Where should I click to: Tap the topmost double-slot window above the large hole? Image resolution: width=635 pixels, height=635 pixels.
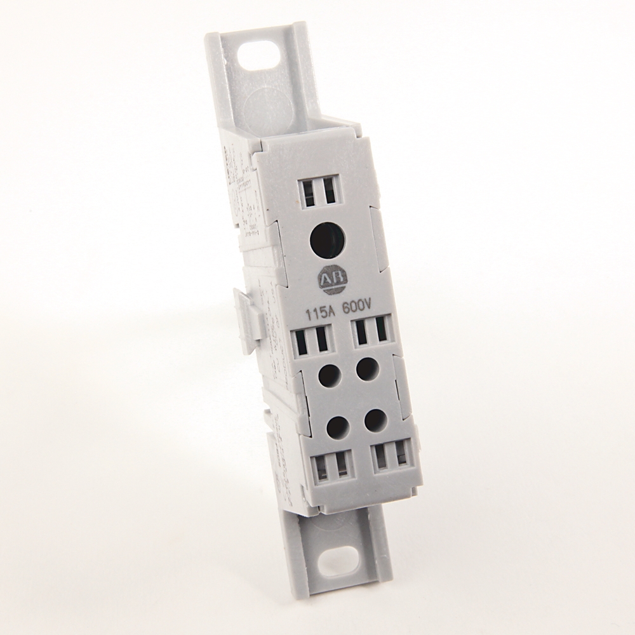tap(316, 190)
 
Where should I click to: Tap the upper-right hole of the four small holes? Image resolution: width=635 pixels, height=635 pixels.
tap(366, 370)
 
